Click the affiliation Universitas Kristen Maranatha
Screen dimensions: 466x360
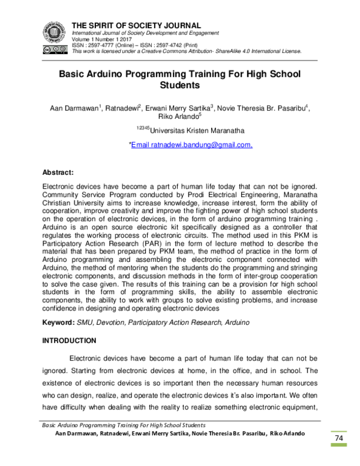point(189,130)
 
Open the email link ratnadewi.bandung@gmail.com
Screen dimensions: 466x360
point(191,145)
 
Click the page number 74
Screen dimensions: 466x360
point(338,439)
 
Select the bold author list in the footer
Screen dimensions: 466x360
point(180,433)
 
